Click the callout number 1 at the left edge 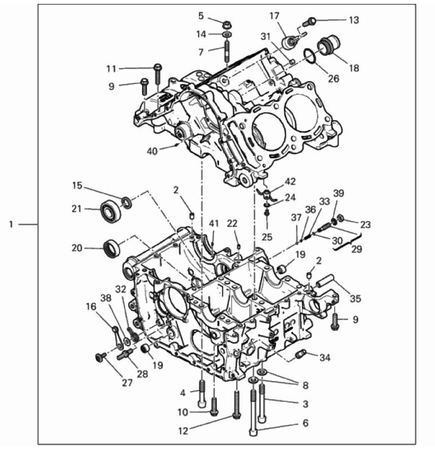pos(11,224)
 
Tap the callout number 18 pos(354,68)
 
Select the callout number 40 pos(152,151)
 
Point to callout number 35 pos(356,299)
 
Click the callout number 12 pos(183,431)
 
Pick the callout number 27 pos(127,383)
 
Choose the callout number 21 pos(77,209)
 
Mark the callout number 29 pos(357,249)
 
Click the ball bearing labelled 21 pos(111,211)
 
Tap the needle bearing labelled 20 pos(112,248)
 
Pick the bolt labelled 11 pos(158,74)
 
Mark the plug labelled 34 pos(301,354)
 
